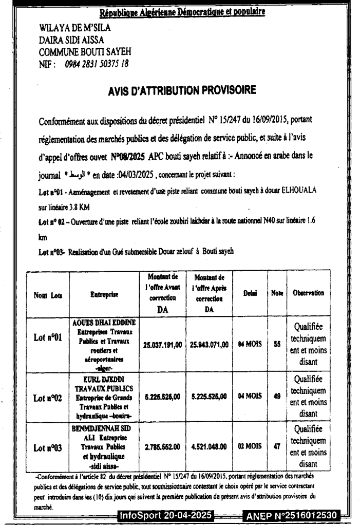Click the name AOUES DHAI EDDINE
(x=103, y=324)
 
